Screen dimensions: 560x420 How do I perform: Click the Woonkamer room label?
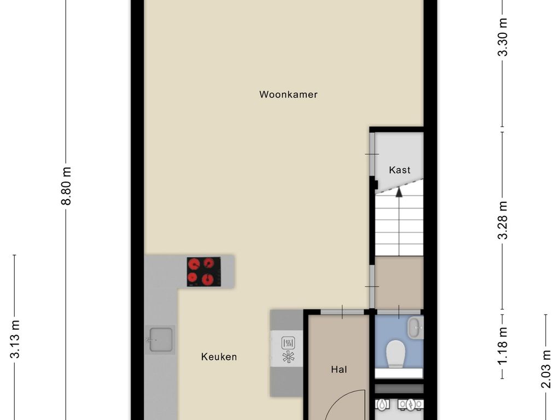click(288, 94)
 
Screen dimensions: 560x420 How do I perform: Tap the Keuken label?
click(219, 357)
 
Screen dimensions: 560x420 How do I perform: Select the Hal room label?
click(339, 369)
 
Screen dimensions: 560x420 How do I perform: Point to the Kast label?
click(400, 170)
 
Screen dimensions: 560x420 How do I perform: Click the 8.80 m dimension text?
click(66, 186)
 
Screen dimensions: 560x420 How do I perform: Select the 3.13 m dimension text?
click(15, 339)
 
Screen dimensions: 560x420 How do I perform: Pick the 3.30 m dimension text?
click(503, 37)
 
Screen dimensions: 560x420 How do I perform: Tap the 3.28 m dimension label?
click(503, 220)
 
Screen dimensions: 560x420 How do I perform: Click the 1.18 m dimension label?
click(503, 346)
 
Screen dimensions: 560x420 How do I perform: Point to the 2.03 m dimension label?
click(546, 369)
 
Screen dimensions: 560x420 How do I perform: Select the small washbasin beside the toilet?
click(416, 328)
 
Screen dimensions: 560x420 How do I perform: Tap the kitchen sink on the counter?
click(160, 340)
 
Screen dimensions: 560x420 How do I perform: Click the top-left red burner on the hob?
click(194, 265)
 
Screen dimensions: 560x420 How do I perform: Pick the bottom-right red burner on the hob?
click(207, 279)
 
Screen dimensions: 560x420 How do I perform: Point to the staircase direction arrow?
click(399, 192)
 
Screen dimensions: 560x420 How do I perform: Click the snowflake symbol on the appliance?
click(288, 357)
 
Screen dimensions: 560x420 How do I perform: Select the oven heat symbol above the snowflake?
click(288, 343)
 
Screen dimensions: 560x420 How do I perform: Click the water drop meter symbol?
click(382, 404)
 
